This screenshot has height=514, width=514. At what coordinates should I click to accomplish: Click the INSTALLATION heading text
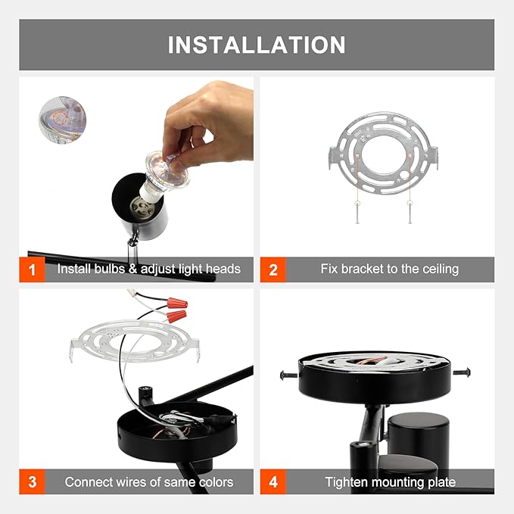click(257, 45)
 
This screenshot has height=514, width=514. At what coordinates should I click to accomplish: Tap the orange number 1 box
click(32, 269)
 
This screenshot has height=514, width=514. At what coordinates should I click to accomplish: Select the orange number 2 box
click(273, 269)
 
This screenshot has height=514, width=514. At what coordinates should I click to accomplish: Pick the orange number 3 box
click(32, 481)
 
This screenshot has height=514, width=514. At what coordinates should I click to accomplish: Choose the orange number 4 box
click(273, 481)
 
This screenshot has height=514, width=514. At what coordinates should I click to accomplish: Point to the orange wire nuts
click(176, 308)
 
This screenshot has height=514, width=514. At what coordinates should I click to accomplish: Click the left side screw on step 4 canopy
click(286, 374)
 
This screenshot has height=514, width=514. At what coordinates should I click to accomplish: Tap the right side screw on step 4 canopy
click(463, 371)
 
